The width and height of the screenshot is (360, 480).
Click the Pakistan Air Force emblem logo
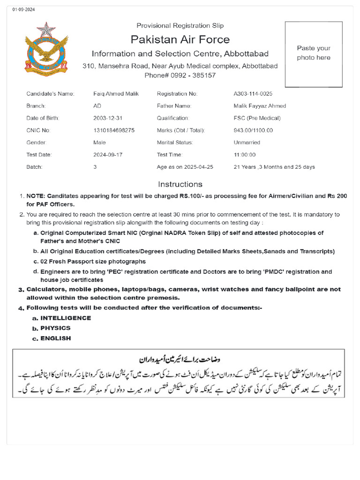tap(46, 50)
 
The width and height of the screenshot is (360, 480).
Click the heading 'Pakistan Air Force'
tap(180, 39)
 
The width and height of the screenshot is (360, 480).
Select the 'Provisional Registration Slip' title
tap(180, 25)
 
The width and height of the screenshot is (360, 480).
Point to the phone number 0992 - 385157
tap(180, 75)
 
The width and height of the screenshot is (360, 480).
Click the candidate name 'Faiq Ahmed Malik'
tap(116, 94)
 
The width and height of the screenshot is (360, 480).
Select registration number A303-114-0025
tap(253, 94)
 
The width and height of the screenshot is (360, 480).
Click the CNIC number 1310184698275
tap(114, 130)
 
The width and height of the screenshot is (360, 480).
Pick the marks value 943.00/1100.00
tap(253, 130)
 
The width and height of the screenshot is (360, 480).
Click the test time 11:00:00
tap(245, 155)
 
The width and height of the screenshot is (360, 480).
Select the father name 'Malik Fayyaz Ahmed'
tap(260, 106)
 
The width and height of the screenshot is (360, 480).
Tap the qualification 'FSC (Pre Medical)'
tap(257, 118)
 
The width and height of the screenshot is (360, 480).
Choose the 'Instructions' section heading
tap(180, 184)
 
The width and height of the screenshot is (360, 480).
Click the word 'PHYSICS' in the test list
tap(55, 328)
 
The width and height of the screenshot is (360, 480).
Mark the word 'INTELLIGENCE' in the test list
tap(66, 318)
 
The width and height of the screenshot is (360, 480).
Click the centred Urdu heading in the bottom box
tap(180, 360)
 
